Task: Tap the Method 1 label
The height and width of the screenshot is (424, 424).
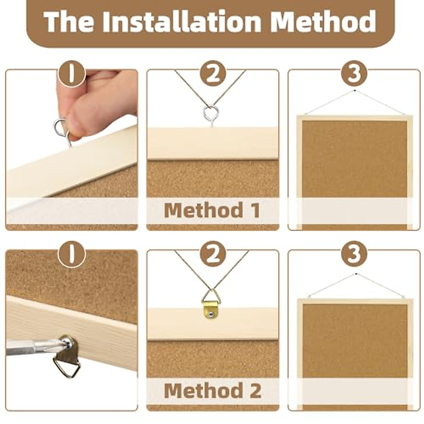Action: click(212, 210)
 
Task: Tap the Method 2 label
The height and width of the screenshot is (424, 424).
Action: click(212, 390)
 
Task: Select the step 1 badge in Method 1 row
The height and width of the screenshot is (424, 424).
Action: click(72, 73)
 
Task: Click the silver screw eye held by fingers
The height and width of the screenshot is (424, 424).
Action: click(62, 129)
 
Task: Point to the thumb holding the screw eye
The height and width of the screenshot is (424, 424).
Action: click(79, 120)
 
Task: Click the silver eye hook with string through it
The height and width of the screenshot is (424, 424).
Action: click(211, 114)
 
